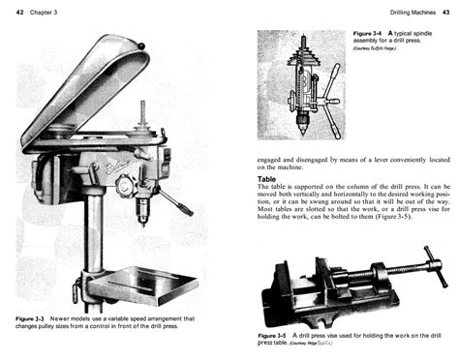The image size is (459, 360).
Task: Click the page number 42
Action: pyautogui.click(x=21, y=9)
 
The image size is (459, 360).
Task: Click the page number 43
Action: pyautogui.click(x=446, y=9)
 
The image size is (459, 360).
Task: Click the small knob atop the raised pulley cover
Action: pyautogui.click(x=140, y=45)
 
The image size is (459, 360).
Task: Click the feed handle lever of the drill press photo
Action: pyautogui.click(x=177, y=202)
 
